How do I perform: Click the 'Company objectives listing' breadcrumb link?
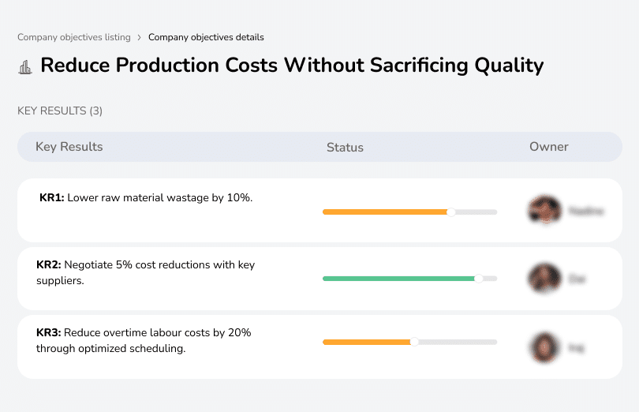coord(75,37)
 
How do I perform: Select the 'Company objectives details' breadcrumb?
coord(206,37)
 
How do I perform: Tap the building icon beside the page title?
coord(25,67)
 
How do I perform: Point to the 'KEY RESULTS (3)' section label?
coord(60,111)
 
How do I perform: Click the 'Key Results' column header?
coord(69,147)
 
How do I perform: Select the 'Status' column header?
coord(345,148)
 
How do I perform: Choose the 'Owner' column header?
coord(549,147)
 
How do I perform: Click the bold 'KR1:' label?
coord(52,197)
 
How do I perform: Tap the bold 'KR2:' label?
coord(49,265)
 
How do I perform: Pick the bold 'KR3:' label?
coord(49,333)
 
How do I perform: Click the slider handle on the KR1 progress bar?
coord(451,212)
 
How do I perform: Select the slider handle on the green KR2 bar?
coord(478,279)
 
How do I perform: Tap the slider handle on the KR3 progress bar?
coord(414,342)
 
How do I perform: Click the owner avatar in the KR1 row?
coord(544,211)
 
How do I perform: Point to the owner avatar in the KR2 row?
coord(544,279)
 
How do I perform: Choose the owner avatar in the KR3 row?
coord(544,346)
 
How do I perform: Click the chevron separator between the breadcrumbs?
coord(139,37)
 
